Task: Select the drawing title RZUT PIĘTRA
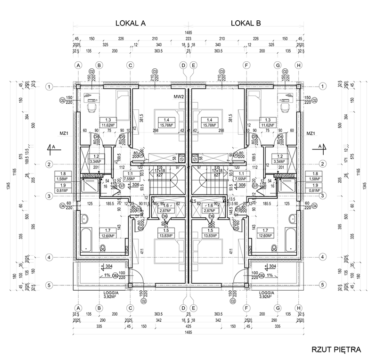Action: pyautogui.click(x=336, y=350)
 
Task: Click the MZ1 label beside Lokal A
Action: pyautogui.click(x=65, y=134)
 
